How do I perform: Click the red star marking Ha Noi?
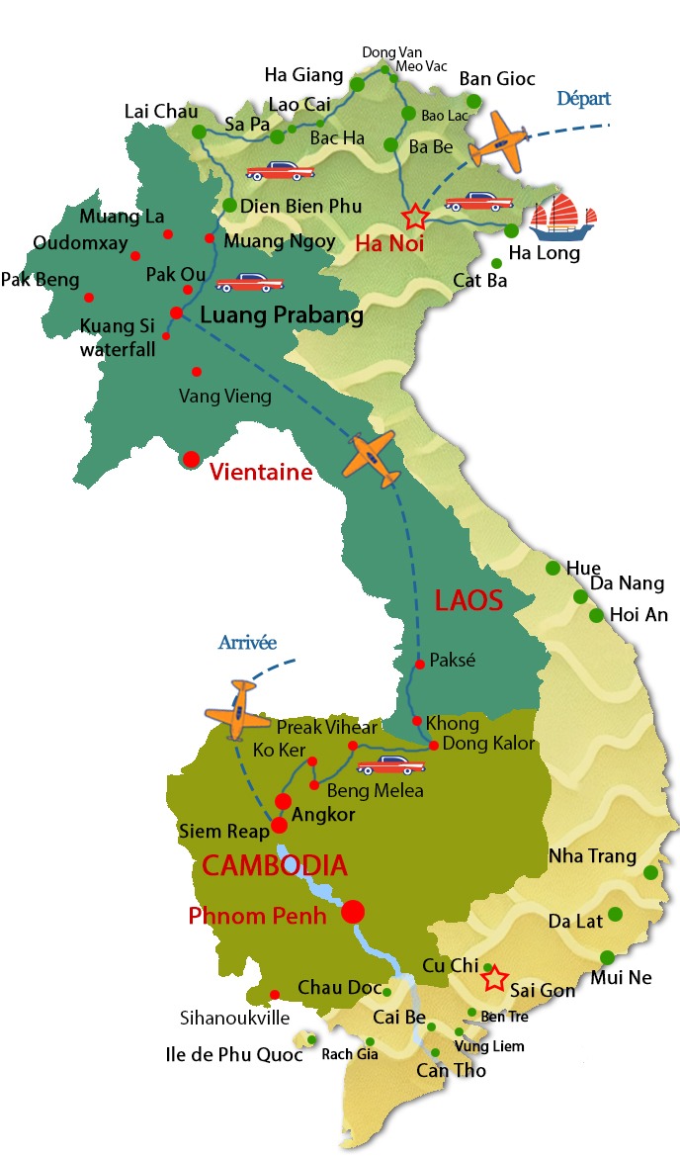click(x=416, y=216)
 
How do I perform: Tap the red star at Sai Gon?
click(x=493, y=978)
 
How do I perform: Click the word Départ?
click(x=583, y=99)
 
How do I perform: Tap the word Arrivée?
click(x=247, y=643)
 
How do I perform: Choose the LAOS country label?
click(x=468, y=600)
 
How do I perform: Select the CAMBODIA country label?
click(x=275, y=866)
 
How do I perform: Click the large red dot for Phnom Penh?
click(x=353, y=911)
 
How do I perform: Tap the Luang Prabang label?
click(x=281, y=315)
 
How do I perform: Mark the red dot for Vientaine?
click(x=191, y=459)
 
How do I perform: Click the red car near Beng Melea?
click(x=390, y=765)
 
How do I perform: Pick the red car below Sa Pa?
click(x=280, y=170)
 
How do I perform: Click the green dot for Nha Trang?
click(x=650, y=872)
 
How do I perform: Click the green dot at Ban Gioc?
click(x=474, y=101)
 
